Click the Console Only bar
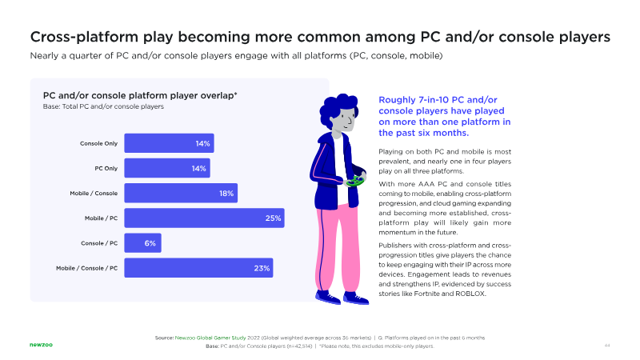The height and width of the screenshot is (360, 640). tap(168, 144)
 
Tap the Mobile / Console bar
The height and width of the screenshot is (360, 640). tap(180, 194)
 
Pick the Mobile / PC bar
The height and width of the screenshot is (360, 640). tap(203, 218)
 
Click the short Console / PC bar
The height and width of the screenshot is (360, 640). tap(142, 243)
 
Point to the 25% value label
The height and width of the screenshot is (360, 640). tap(274, 218)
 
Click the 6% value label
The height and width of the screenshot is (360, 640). tap(150, 243)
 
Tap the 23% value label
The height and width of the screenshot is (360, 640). tap(262, 268)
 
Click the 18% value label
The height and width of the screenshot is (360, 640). tap(226, 194)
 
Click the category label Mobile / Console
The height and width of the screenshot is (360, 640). tap(94, 194)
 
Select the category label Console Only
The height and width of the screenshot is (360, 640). tap(99, 144)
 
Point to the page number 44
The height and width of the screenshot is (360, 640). tap(607, 346)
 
